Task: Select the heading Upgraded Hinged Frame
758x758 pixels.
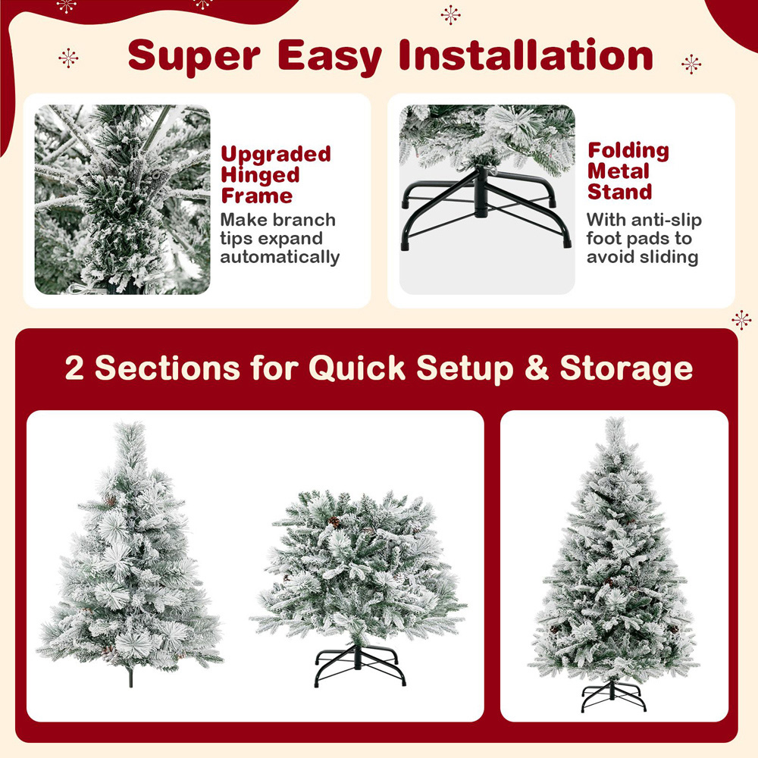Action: coord(276,175)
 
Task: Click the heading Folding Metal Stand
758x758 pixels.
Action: coord(628,171)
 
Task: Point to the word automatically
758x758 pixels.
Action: coord(280,257)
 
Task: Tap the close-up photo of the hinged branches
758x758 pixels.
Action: coord(122,199)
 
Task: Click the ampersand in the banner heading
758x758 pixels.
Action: coord(535,368)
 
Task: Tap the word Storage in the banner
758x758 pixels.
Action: coord(626,368)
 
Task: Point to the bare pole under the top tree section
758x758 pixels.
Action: coord(130,676)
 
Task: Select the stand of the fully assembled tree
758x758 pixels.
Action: coord(613,696)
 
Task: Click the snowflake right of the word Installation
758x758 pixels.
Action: coord(691,64)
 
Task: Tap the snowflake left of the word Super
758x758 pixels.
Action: coord(69,58)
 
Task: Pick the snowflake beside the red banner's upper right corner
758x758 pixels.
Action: coord(741,319)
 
